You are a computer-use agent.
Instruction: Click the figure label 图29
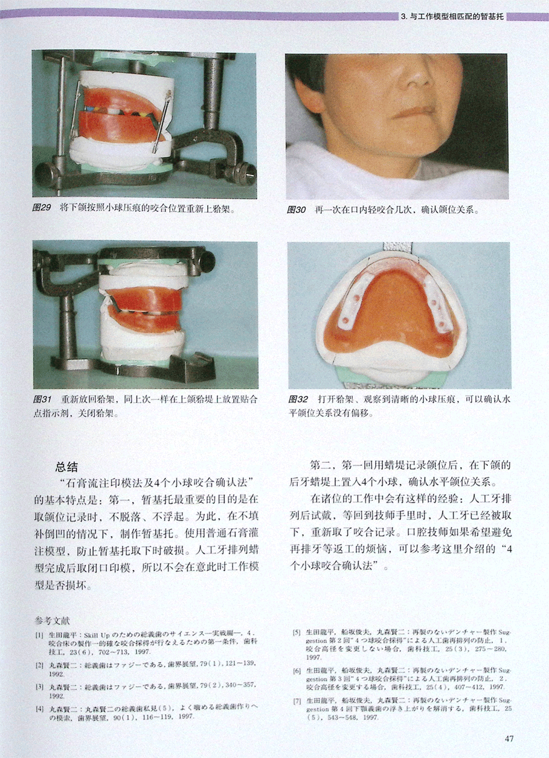coord(41,208)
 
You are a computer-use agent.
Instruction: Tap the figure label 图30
coord(297,210)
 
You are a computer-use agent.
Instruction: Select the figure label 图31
coord(42,400)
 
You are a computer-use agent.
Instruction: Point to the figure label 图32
coord(298,400)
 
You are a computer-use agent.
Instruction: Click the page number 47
coord(509,738)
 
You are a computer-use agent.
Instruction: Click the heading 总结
coord(66,467)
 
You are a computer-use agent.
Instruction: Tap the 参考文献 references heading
coord(52,621)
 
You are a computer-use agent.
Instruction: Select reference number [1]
coord(39,635)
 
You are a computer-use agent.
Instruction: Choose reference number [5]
coord(297,632)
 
